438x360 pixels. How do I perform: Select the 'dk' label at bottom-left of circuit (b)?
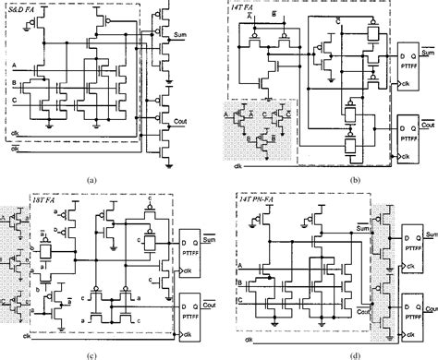(238, 166)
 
